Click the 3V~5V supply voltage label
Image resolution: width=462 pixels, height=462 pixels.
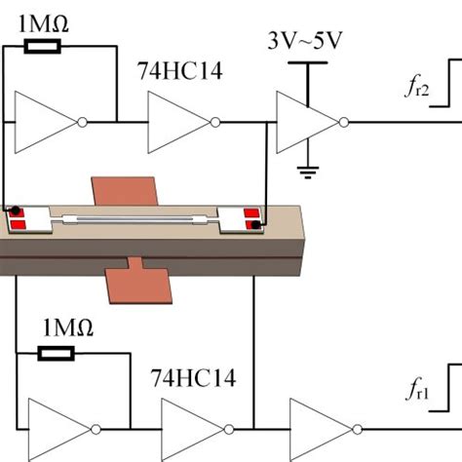[307, 43]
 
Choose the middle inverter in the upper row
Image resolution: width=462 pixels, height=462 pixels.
[178, 122]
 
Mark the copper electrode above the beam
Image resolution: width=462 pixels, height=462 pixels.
[124, 190]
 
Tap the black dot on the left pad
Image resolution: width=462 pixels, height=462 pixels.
[17, 211]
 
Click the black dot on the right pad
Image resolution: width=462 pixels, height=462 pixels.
[254, 227]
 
